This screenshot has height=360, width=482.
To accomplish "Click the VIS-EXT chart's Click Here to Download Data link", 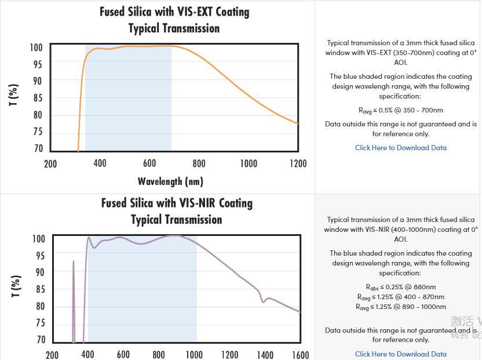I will (x=401, y=148).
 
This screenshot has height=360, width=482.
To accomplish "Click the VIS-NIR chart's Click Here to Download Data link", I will (x=401, y=354).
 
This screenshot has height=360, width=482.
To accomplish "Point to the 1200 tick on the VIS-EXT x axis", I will (x=298, y=163).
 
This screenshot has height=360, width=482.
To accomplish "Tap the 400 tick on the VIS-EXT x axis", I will (x=100, y=163).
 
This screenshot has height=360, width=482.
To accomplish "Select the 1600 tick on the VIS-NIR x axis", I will (x=300, y=355).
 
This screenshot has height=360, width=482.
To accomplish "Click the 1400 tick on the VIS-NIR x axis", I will (x=265, y=355).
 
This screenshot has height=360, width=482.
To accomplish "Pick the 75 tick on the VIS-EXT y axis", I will (x=38, y=132).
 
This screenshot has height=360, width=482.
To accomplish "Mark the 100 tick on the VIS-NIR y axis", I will (x=39, y=239).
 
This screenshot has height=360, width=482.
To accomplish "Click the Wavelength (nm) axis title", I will (x=170, y=181).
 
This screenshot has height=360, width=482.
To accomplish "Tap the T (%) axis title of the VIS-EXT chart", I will (x=13, y=95).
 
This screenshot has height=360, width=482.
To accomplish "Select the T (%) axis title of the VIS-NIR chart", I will (x=16, y=286).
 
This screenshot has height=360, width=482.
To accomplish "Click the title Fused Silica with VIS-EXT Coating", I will (x=174, y=12).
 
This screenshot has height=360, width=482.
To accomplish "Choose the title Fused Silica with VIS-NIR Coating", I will (x=177, y=203).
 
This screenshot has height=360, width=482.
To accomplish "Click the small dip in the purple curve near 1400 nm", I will (x=264, y=301).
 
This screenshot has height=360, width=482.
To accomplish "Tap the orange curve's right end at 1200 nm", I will (x=298, y=123).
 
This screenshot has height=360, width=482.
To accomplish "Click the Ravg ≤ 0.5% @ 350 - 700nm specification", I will (x=401, y=110).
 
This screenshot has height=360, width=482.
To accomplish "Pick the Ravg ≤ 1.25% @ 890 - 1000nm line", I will (x=401, y=307).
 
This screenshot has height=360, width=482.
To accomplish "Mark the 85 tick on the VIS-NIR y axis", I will (x=39, y=289).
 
